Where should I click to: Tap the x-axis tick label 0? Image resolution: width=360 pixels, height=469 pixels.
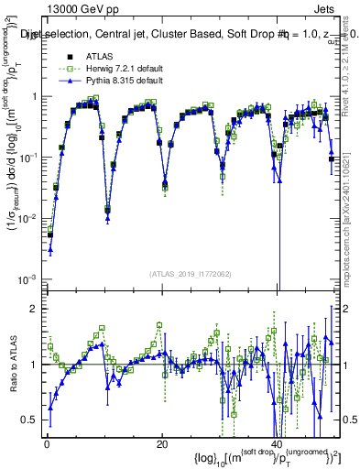pyautogui.click(x=46, y=445)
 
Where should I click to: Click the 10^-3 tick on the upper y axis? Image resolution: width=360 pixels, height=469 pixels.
pyautogui.click(x=28, y=279)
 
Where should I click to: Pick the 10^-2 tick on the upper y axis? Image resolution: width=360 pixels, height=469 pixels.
pyautogui.click(x=28, y=218)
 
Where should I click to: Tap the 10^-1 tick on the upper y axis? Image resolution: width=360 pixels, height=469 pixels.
pyautogui.click(x=28, y=158)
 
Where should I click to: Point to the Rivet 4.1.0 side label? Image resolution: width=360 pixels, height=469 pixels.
pyautogui.click(x=353, y=64)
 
